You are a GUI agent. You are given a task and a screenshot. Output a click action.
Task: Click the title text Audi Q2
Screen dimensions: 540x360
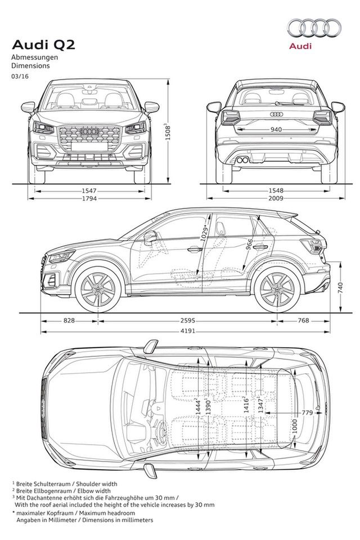click(x=36, y=45)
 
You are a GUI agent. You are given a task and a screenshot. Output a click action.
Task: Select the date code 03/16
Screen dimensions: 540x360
click(x=19, y=75)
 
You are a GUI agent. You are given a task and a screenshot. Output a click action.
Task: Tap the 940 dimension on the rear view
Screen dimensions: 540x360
click(x=276, y=129)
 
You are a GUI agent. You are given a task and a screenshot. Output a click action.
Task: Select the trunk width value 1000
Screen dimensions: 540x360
click(x=294, y=425)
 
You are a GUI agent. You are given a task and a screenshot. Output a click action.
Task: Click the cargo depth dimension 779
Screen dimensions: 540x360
click(x=307, y=413)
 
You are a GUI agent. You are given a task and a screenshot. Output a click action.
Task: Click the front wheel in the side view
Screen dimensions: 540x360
click(x=98, y=289)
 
